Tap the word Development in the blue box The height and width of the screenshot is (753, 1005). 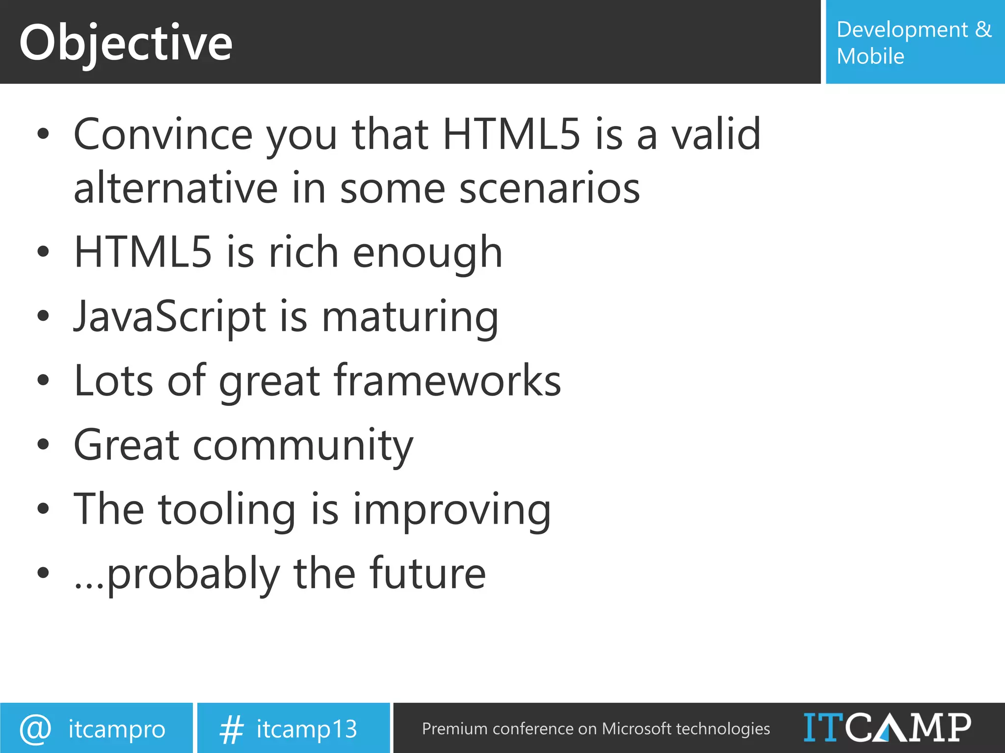pos(902,30)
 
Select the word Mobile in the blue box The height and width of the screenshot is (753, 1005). pos(870,56)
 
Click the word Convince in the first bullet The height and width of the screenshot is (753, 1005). pos(163,134)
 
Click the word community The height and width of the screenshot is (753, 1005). pos(303,446)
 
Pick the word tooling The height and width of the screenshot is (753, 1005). pos(227,510)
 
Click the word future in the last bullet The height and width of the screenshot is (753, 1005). pos(427,574)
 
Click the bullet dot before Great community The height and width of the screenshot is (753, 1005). pos(43,444)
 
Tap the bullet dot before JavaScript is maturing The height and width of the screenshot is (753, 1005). pos(43,316)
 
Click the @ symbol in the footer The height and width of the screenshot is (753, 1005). pos(35,729)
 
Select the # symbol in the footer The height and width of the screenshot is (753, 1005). pos(231,729)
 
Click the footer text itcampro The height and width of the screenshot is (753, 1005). pos(117,729)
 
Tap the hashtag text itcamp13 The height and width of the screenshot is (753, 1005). pos(307,729)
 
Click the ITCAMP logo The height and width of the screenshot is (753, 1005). pos(887,728)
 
